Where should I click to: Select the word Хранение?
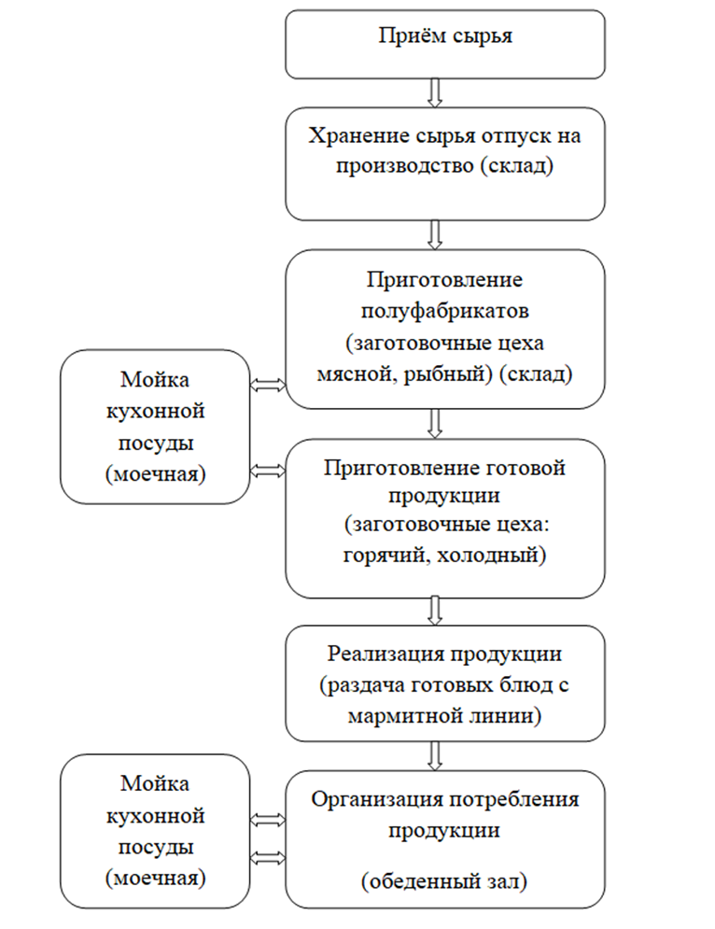(350, 135)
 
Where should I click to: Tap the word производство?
(404, 166)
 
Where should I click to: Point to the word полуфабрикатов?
(445, 311)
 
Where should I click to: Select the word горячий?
(382, 556)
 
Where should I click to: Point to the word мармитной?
(405, 716)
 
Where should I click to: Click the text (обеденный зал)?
(444, 881)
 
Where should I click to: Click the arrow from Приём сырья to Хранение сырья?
(435, 93)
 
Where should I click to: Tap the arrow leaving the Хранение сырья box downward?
(435, 235)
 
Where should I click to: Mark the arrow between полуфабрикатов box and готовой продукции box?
(435, 424)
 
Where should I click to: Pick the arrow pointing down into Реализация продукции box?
(435, 611)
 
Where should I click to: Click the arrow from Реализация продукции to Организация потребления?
(435, 756)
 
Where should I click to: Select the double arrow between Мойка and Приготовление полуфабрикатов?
(268, 385)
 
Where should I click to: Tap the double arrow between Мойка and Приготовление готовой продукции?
(268, 471)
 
